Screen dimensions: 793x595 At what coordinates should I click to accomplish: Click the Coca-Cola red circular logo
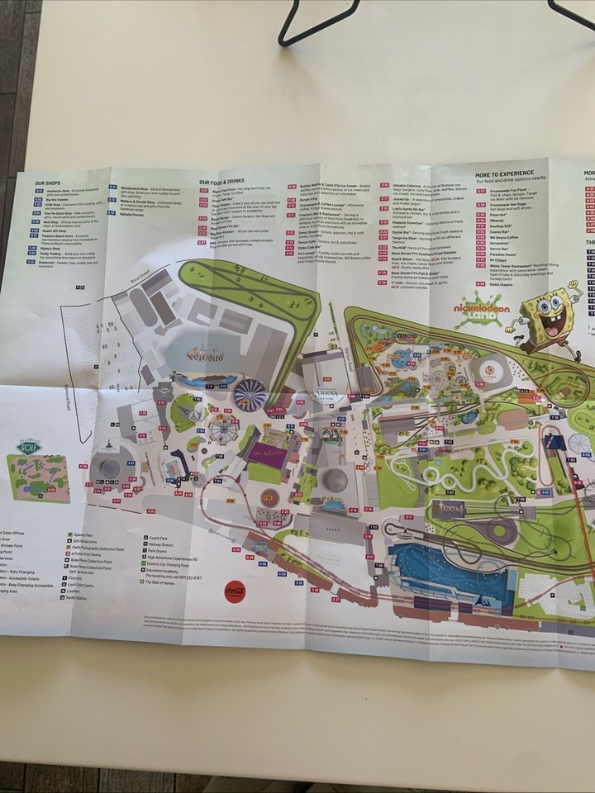pos(234,591)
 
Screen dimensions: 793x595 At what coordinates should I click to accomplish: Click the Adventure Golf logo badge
pos(27,447)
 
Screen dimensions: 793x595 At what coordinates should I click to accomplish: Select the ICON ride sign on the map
pos(454,510)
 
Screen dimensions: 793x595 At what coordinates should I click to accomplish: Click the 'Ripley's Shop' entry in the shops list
pos(47,246)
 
